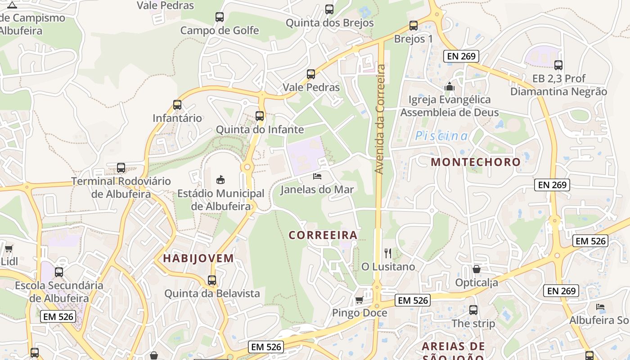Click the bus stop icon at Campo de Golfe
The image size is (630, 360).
pyautogui.click(x=220, y=17)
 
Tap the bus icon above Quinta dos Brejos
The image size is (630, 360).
pyautogui.click(x=329, y=9)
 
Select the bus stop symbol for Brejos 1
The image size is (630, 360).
pyautogui.click(x=414, y=26)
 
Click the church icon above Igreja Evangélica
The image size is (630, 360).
pyautogui.click(x=450, y=86)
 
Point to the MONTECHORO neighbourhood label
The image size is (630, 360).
pyautogui.click(x=476, y=162)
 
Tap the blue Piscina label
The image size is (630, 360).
pyautogui.click(x=441, y=136)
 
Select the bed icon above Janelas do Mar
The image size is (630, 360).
pyautogui.click(x=317, y=176)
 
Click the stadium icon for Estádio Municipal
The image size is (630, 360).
pyautogui.click(x=220, y=180)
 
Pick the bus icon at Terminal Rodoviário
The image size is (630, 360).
pyautogui.click(x=121, y=168)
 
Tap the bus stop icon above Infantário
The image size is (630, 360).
pyautogui.click(x=177, y=105)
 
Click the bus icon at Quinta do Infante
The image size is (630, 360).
pyautogui.click(x=260, y=116)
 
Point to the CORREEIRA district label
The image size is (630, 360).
pyautogui.click(x=323, y=235)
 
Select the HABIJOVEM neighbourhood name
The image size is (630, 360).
pyautogui.click(x=198, y=258)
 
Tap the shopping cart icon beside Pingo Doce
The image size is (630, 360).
pyautogui.click(x=359, y=300)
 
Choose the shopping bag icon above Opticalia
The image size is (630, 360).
pyautogui.click(x=477, y=269)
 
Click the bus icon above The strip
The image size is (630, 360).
pyautogui.click(x=473, y=310)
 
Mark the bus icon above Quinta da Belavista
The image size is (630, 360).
pyautogui.click(x=212, y=280)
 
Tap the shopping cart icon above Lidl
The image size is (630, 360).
pyautogui.click(x=9, y=248)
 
